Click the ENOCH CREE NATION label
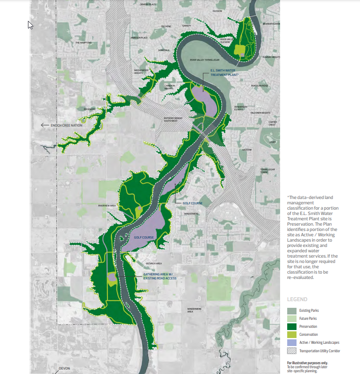click(67, 125)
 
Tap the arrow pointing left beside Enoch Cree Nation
click(44, 125)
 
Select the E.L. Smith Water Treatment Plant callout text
click(225, 73)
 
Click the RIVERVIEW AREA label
click(107, 206)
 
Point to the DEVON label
click(64, 368)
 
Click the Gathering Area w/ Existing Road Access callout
click(160, 276)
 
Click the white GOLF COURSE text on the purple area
click(144, 238)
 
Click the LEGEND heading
click(297, 299)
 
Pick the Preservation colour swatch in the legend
click(292, 326)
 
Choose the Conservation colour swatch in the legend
click(292, 334)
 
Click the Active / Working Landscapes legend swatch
click(292, 342)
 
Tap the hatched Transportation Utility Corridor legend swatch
click(292, 350)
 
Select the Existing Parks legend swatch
click(292, 310)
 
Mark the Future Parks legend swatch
click(292, 318)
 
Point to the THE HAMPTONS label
click(83, 43)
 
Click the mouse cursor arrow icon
click(30, 25)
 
